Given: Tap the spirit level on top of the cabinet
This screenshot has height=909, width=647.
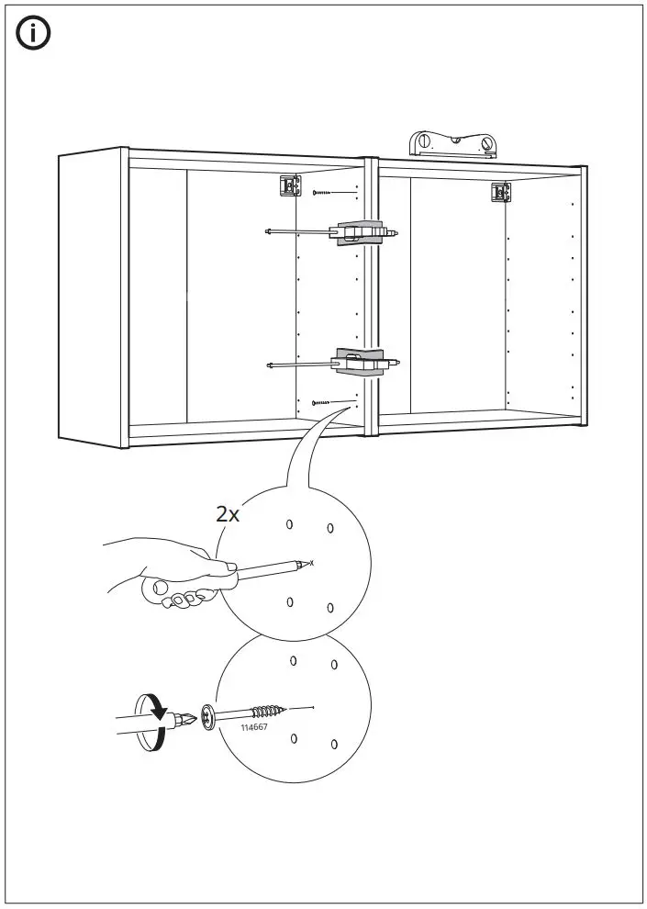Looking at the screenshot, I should pyautogui.click(x=452, y=144).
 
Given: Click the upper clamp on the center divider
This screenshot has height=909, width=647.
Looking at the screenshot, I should pyautogui.click(x=362, y=233).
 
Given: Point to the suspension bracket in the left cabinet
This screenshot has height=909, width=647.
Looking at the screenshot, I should pyautogui.click(x=290, y=186).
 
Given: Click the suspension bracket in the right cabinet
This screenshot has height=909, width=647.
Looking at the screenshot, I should pyautogui.click(x=500, y=193).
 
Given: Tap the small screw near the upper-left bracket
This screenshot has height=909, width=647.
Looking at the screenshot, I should pyautogui.click(x=322, y=192).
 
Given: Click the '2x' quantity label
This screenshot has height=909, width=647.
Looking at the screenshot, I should pyautogui.click(x=228, y=514).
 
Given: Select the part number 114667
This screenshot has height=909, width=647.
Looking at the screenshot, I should pyautogui.click(x=254, y=727).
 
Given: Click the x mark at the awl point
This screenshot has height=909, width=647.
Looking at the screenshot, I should pyautogui.click(x=312, y=562).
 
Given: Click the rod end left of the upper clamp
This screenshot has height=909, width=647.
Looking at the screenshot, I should pyautogui.click(x=268, y=230).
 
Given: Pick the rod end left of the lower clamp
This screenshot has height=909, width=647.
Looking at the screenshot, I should pyautogui.click(x=271, y=365).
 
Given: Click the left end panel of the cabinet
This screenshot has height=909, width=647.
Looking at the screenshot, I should pyautogui.click(x=92, y=298).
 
